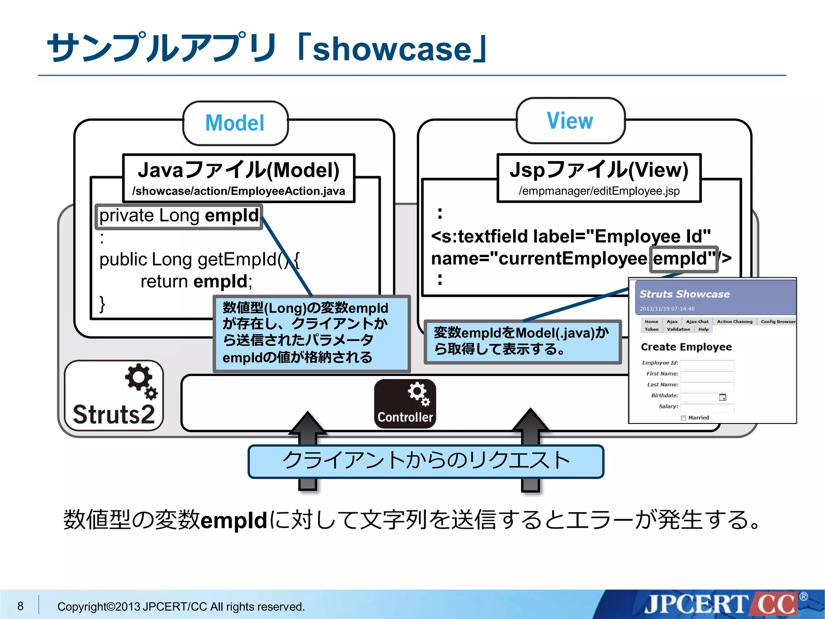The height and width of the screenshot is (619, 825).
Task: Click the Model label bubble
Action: coord(235,123)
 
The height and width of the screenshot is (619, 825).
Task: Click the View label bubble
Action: coord(570,120)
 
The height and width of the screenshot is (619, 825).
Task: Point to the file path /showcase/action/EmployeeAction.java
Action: coord(238,191)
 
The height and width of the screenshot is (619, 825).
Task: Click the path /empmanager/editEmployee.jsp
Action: coord(599,191)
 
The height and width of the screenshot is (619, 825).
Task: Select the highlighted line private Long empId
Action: coord(179,216)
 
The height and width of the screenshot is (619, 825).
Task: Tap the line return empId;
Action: coord(196,281)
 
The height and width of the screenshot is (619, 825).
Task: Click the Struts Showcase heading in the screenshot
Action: coord(684,294)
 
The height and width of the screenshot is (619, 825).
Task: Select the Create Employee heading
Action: coord(686,347)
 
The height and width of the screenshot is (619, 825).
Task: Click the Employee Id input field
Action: coord(707,365)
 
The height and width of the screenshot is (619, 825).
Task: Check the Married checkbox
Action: coord(683,418)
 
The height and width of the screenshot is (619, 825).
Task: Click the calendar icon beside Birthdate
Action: coord(723,397)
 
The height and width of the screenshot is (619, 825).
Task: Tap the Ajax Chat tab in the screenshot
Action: coord(697,322)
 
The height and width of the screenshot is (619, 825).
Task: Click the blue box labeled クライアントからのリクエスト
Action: coord(426,461)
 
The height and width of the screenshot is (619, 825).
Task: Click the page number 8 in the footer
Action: coord(20,606)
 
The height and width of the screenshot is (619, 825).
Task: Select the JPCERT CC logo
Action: coord(721,604)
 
